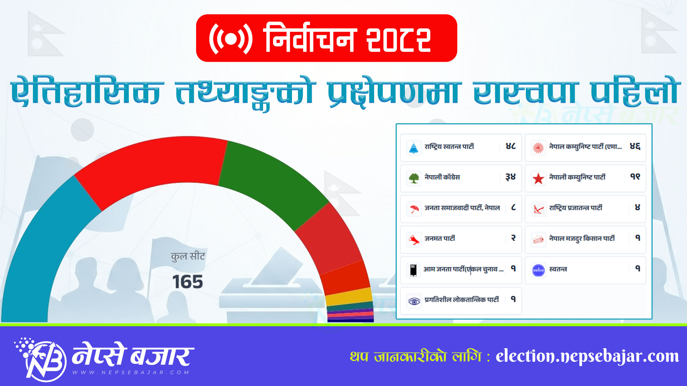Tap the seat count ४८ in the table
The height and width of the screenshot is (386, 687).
[511, 146]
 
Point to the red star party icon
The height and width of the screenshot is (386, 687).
[538, 178]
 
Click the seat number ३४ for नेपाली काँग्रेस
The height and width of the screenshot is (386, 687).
[510, 177]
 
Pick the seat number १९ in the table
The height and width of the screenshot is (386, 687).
[635, 177]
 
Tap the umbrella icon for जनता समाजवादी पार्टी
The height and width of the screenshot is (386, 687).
[414, 209]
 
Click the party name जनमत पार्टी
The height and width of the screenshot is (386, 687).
[440, 238]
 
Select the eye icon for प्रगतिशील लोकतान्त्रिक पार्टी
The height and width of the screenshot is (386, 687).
[414, 301]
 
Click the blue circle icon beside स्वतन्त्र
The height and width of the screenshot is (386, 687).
[538, 270]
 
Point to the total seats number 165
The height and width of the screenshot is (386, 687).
[187, 282]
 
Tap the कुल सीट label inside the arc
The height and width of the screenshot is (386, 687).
[188, 256]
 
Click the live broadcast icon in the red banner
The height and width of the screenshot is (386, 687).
[231, 39]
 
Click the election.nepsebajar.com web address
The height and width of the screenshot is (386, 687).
[587, 357]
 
